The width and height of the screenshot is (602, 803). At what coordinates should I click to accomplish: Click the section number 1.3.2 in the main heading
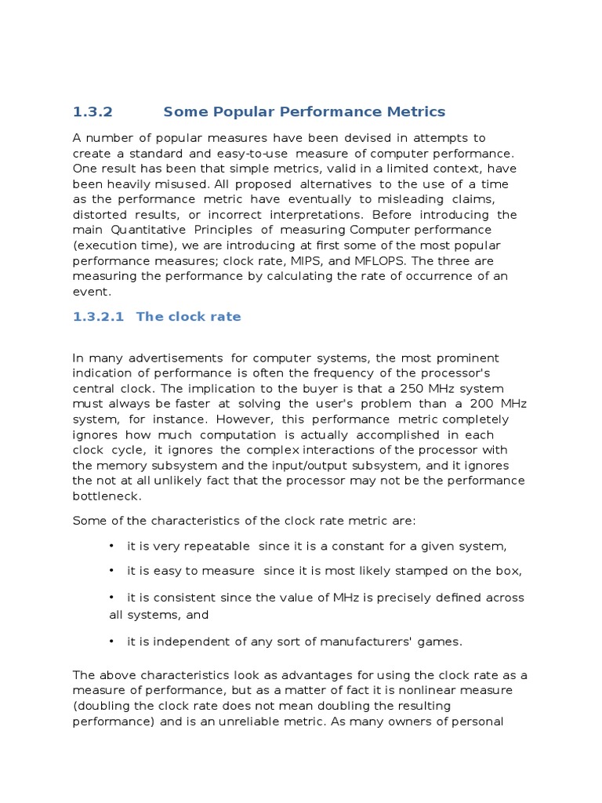click(92, 112)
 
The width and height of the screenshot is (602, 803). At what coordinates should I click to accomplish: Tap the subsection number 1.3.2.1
click(99, 317)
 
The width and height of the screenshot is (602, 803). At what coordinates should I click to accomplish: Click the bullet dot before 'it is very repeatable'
click(112, 546)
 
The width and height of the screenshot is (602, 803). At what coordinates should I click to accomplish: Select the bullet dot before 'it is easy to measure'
click(112, 571)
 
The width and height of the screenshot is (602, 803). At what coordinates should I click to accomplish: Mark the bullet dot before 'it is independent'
click(112, 641)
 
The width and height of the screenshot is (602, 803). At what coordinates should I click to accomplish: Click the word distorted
click(98, 214)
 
